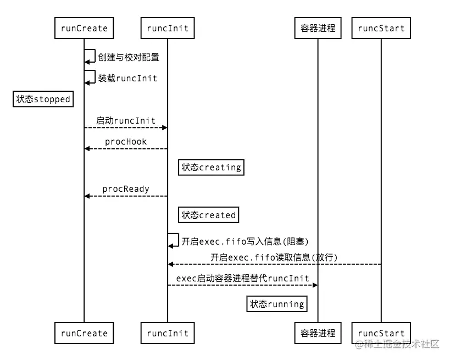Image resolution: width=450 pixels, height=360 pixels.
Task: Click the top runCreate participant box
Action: pyautogui.click(x=84, y=28)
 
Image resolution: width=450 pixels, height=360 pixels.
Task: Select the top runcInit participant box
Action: pyautogui.click(x=168, y=28)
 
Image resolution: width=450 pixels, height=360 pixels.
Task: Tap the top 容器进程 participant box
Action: pyautogui.click(x=318, y=28)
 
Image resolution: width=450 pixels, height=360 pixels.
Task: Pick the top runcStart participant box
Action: pyautogui.click(x=381, y=28)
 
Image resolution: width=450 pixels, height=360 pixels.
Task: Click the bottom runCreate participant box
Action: pyautogui.click(x=84, y=333)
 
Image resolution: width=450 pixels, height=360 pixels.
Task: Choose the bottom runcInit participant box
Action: pyautogui.click(x=168, y=333)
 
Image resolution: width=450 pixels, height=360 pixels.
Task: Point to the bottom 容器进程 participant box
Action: pyautogui.click(x=318, y=333)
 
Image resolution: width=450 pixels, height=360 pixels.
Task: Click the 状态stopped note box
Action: pyautogui.click(x=43, y=99)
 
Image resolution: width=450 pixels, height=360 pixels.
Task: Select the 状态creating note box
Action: pyautogui.click(x=211, y=168)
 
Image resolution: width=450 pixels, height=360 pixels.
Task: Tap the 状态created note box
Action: pyautogui.click(x=209, y=215)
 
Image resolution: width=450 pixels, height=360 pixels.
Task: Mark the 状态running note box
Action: pyautogui.click(x=277, y=304)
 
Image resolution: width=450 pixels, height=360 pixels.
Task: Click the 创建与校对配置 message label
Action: pyautogui.click(x=129, y=57)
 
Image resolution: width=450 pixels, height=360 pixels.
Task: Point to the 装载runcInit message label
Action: pyautogui.click(x=127, y=78)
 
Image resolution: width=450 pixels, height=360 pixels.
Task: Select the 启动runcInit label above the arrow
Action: pyautogui.click(x=126, y=120)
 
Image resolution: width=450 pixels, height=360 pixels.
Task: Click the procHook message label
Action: pyautogui.click(x=126, y=142)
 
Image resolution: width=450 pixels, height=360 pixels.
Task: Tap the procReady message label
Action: pyautogui.click(x=126, y=189)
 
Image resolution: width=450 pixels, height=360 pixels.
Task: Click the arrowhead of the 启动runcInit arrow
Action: pyautogui.click(x=165, y=128)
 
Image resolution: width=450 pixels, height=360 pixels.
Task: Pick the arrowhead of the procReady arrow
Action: pyautogui.click(x=87, y=196)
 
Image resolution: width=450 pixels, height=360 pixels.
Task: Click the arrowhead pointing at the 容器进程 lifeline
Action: pyautogui.click(x=315, y=285)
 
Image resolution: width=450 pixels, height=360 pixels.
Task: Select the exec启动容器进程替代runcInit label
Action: pyautogui.click(x=242, y=278)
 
